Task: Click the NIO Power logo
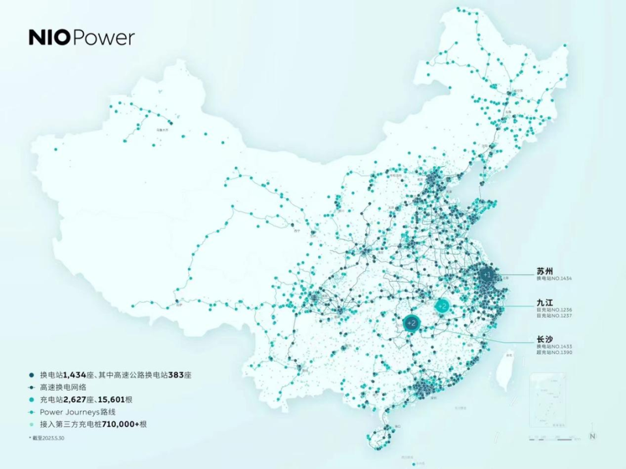82,38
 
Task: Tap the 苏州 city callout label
546,269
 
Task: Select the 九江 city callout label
545,303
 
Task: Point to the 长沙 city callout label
545,338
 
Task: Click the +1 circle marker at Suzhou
486,275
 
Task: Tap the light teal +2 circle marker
442,306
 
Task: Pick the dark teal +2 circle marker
411,322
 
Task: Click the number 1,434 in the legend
77,375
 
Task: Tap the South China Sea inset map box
548,399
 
